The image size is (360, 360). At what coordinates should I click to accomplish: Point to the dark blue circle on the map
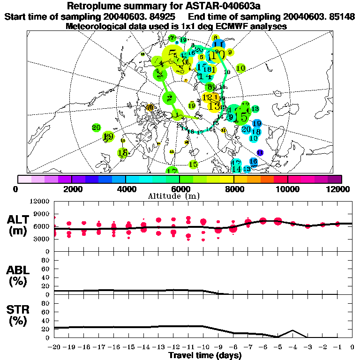click(260, 152)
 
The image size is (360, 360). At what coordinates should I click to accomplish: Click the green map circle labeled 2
click(169, 98)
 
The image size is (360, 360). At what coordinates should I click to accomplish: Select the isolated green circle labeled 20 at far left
click(97, 127)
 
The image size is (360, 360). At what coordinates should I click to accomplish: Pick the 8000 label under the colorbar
click(233, 189)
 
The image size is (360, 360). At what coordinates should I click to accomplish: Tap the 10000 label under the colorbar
click(287, 189)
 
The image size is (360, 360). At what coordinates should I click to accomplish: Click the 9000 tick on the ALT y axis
click(41, 213)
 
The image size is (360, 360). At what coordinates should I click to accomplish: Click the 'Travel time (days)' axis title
click(205, 355)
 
